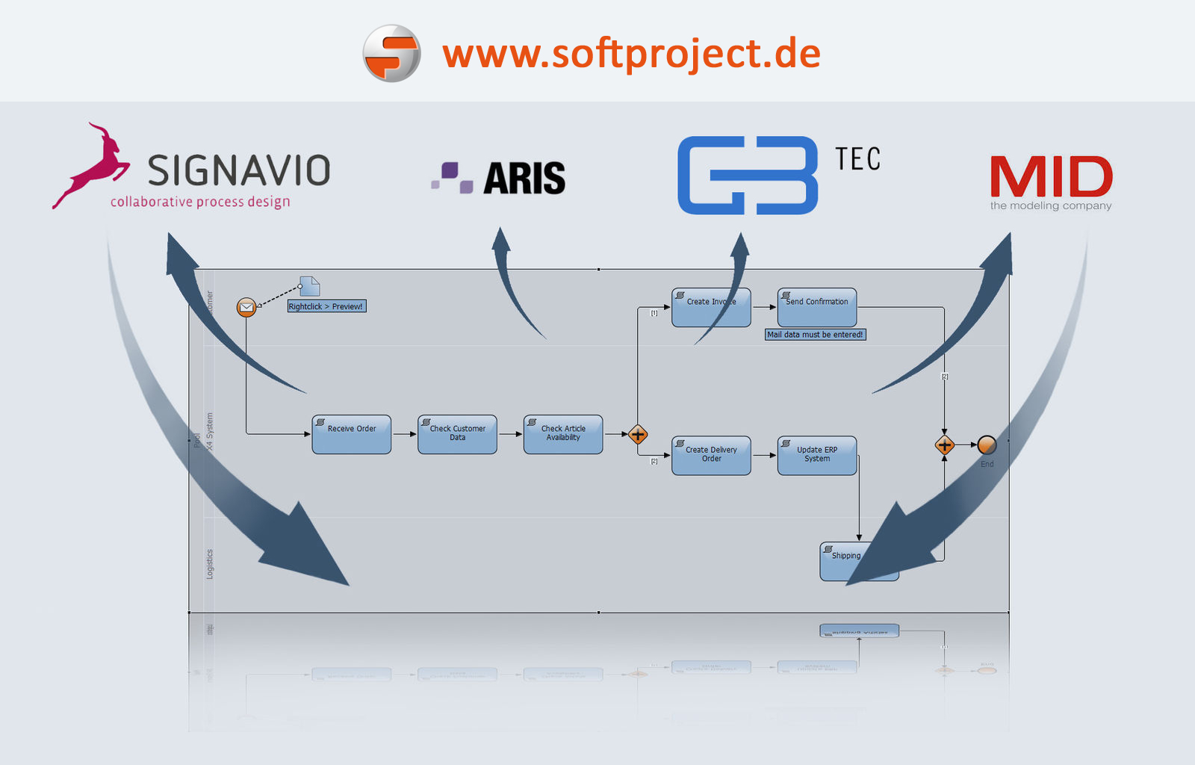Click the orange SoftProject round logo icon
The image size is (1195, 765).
[391, 53]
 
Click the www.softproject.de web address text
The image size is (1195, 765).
[631, 54]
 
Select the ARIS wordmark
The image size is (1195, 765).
[524, 179]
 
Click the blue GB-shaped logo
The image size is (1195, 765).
[747, 176]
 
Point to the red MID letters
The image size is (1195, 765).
[1051, 177]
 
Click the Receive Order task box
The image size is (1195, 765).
[352, 435]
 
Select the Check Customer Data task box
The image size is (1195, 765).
[457, 435]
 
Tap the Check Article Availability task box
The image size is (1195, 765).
[563, 435]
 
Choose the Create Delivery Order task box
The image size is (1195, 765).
[711, 456]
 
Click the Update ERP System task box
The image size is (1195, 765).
[817, 456]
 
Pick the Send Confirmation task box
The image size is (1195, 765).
[817, 307]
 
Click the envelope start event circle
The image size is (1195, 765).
[246, 307]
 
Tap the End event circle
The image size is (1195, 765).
[987, 445]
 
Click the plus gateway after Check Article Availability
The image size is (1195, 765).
[638, 434]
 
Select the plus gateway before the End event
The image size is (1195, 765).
[945, 445]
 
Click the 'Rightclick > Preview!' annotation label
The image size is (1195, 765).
[326, 306]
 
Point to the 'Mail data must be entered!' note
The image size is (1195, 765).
[815, 335]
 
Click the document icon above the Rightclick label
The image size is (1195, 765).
[309, 286]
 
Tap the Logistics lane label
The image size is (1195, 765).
[210, 564]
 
